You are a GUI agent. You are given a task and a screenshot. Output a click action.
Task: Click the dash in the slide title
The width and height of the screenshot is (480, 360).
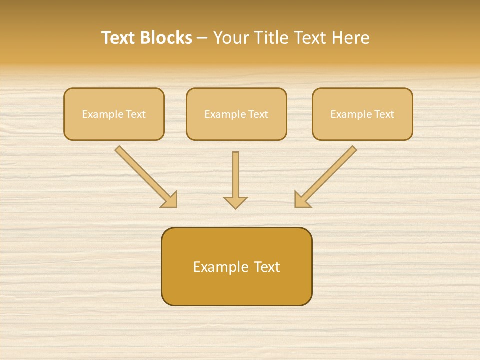click(202, 38)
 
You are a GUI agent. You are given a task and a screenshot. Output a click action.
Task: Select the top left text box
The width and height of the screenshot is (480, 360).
click(114, 114)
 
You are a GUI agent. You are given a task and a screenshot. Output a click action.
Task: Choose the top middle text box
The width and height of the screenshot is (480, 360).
click(236, 114)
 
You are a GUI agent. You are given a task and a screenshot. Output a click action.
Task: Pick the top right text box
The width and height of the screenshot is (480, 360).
click(362, 114)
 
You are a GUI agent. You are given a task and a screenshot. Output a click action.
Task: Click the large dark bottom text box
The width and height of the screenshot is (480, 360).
click(236, 266)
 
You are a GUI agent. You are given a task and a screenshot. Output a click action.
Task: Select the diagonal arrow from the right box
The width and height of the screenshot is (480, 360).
click(327, 175)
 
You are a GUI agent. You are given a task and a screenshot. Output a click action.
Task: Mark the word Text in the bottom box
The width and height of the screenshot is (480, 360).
click(267, 267)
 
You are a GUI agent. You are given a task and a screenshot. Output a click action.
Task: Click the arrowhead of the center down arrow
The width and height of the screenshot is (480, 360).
click(236, 202)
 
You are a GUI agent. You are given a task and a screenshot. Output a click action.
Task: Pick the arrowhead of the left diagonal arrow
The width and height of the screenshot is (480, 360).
click(170, 200)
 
